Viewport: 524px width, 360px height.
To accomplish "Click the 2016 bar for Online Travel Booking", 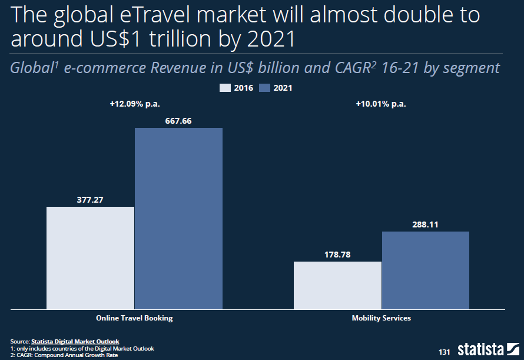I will click(90, 257).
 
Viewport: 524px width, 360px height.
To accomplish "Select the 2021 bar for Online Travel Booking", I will click(178, 218).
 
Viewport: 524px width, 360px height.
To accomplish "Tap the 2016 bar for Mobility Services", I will click(337, 285).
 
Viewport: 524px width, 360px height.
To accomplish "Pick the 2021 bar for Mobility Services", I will click(426, 270).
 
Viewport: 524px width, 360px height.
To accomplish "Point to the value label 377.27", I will click(90, 200).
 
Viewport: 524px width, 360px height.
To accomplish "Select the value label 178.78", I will click(337, 255).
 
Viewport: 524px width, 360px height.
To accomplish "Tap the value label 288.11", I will click(426, 224).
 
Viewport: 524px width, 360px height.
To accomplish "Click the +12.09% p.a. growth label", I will click(135, 104).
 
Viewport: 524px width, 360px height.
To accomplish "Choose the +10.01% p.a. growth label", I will click(381, 104).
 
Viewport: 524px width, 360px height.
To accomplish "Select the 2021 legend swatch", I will click(264, 88).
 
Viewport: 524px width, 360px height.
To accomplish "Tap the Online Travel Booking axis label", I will click(134, 318).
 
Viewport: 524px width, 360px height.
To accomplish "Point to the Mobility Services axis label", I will click(381, 318).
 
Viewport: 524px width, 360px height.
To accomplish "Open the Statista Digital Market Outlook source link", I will click(75, 341).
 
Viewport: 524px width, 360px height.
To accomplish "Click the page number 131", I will click(444, 352).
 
